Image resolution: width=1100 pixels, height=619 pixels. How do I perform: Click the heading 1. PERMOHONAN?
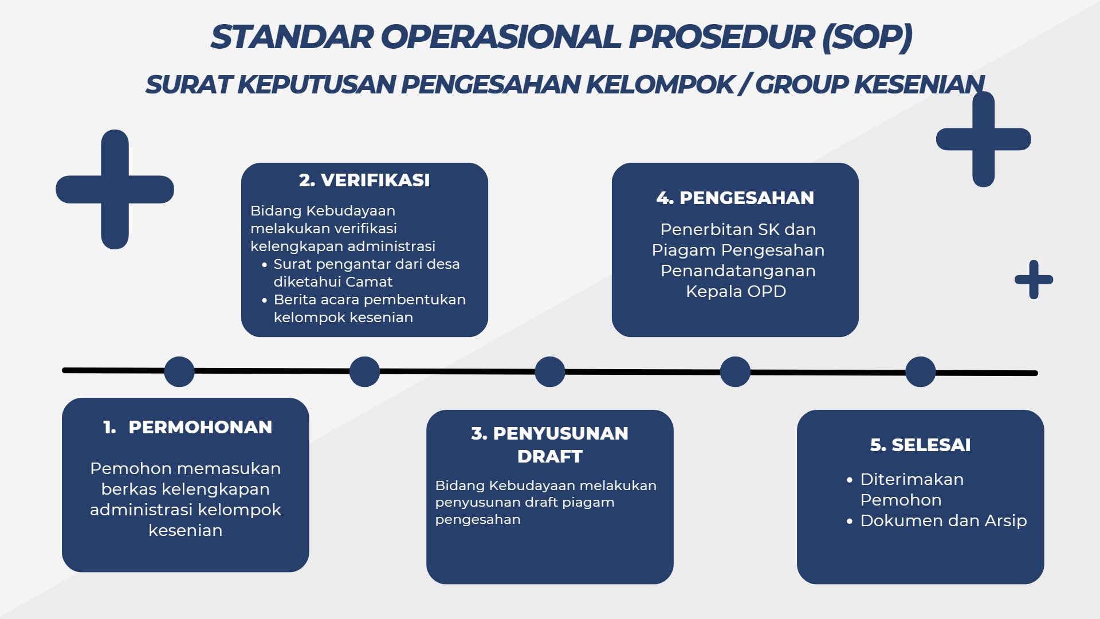coord(188,427)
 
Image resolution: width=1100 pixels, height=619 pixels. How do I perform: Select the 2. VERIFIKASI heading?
coord(364,180)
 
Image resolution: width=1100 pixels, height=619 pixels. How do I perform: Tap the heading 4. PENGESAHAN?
coord(735,198)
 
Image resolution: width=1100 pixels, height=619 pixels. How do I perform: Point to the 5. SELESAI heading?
coord(920,445)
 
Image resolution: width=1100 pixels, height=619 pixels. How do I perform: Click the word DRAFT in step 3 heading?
coord(550,456)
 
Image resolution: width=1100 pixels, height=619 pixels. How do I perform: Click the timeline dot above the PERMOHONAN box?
coord(179,371)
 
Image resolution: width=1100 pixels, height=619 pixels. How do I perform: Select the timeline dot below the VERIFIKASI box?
coord(364,371)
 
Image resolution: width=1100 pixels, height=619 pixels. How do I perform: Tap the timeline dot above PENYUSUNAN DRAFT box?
coord(550,371)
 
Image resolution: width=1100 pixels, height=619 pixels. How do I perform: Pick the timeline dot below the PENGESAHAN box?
coord(735,371)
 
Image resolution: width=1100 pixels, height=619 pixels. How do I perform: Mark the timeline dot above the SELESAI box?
coord(921,371)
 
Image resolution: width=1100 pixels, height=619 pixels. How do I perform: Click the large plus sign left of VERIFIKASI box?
coord(115,190)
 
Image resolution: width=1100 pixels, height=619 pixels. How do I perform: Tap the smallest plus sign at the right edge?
coord(1034,280)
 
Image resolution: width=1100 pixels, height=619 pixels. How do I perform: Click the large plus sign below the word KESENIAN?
coord(983,139)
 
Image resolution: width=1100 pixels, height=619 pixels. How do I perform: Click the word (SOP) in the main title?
coord(867,37)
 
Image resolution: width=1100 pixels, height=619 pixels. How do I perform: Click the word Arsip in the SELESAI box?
coord(1005,520)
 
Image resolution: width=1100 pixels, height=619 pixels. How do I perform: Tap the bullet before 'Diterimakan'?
coord(850,480)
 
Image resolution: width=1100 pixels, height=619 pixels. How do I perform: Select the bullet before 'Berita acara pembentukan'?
coord(264,300)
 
